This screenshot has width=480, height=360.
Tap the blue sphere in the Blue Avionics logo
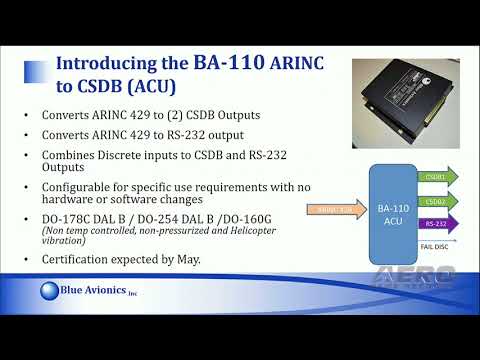tap(54, 292)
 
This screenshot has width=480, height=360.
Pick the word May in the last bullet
tap(190, 260)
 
